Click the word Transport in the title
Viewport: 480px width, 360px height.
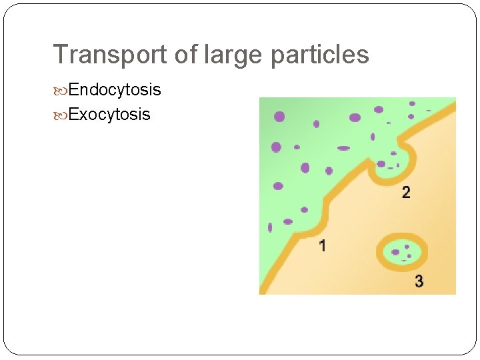click(111, 55)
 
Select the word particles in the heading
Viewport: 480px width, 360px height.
click(319, 55)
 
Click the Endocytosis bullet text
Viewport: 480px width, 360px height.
click(115, 89)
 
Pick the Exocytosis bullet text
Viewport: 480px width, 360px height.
click(109, 114)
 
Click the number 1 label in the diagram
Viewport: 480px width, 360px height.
click(323, 246)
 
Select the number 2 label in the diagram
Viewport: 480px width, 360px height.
click(406, 193)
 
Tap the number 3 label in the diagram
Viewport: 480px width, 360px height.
click(419, 281)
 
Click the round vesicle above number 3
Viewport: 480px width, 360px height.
click(402, 252)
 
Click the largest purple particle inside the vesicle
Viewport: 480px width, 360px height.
click(396, 252)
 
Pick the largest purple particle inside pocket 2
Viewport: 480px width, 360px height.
click(381, 163)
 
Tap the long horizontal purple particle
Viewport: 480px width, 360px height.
click(343, 148)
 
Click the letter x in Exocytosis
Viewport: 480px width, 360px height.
click(81, 115)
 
